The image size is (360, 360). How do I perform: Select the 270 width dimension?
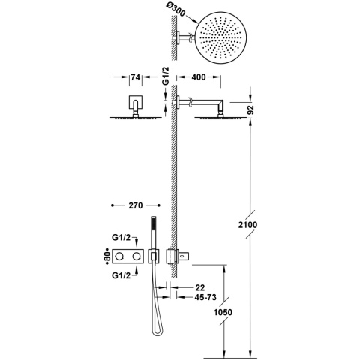tap(136, 203)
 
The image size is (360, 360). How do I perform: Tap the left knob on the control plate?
tap(121, 256)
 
